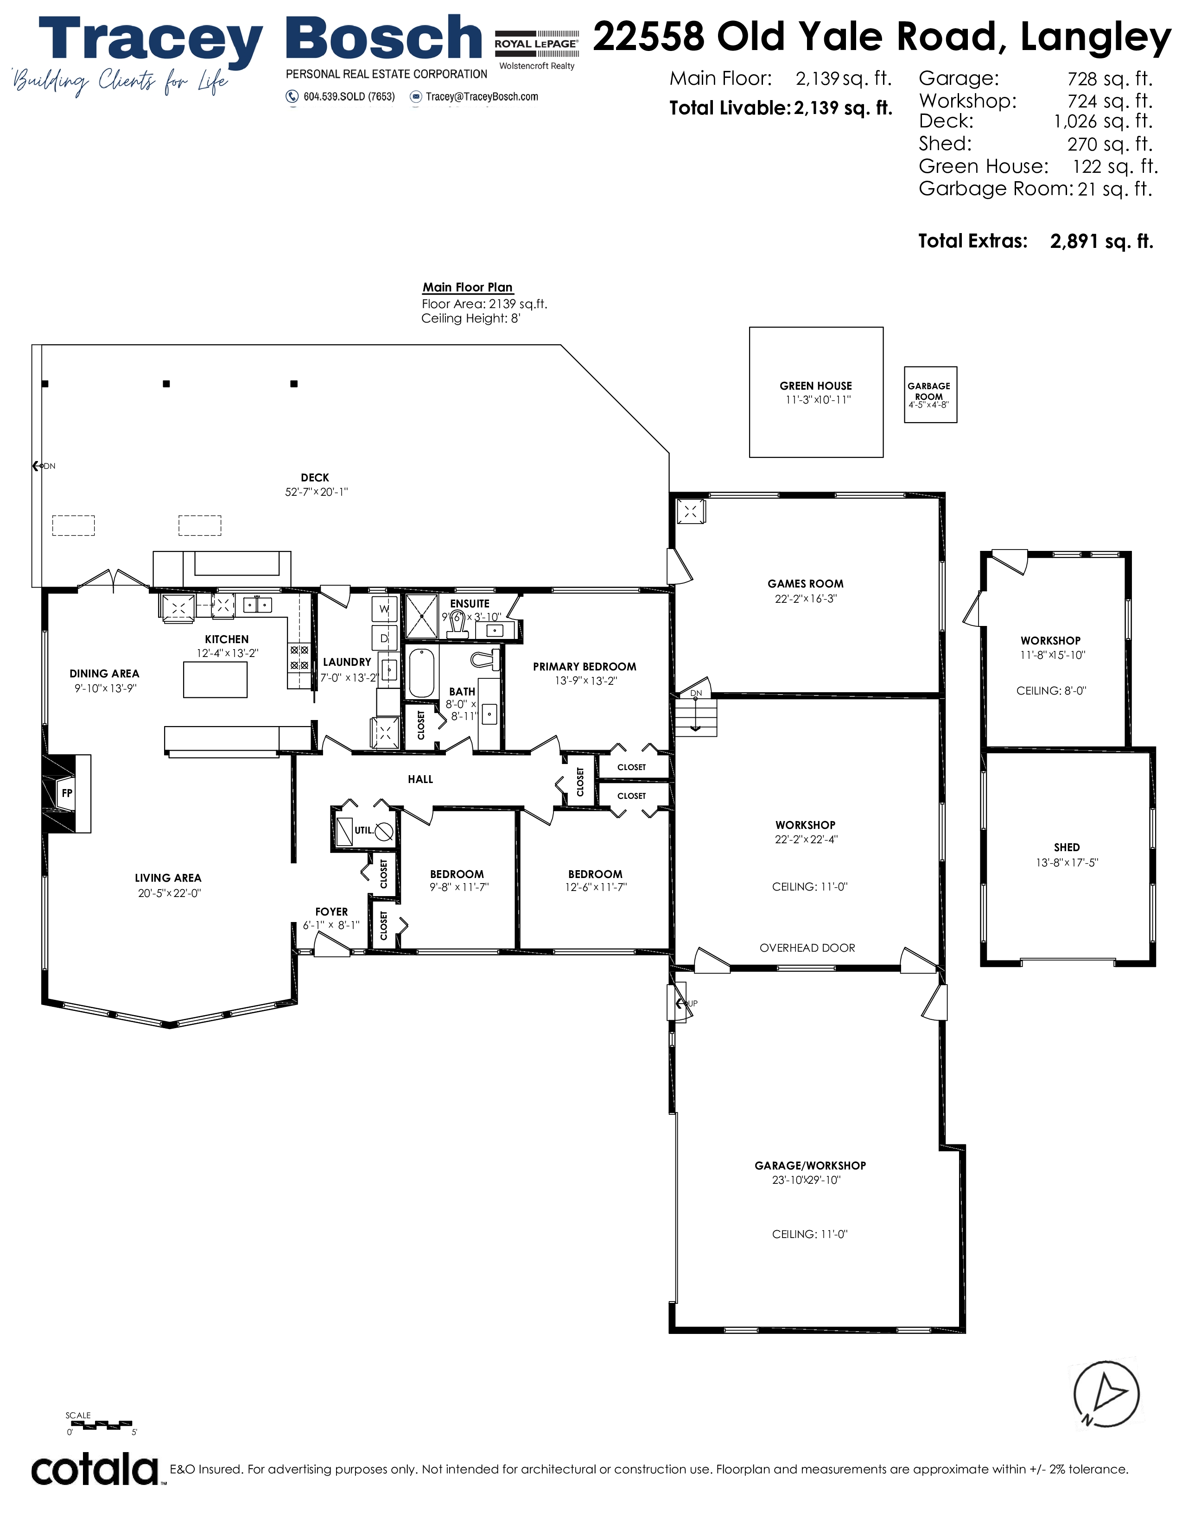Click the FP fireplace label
point(67,793)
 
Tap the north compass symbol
point(1106,1395)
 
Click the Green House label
point(816,386)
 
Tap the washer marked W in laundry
point(384,609)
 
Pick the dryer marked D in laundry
point(384,638)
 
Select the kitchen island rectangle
point(215,679)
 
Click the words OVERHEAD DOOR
point(807,948)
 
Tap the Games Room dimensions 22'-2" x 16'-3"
point(805,599)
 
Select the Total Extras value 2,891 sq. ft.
point(1101,241)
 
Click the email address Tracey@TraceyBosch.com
point(482,97)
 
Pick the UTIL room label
point(363,830)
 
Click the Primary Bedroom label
point(585,666)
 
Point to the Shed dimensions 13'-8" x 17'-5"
point(1067,863)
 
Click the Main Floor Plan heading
point(467,287)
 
